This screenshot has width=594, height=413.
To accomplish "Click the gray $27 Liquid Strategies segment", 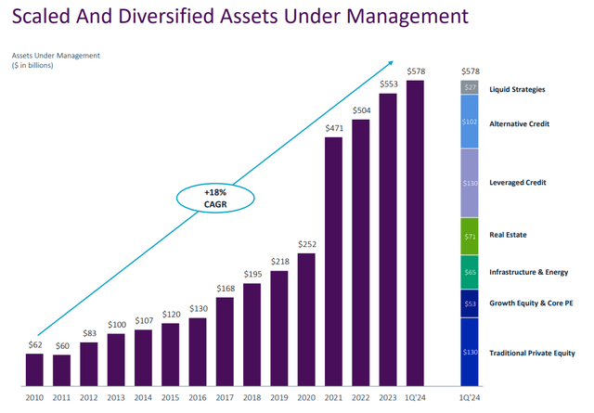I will click(x=469, y=88).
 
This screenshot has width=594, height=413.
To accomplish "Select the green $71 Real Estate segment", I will click(x=469, y=236).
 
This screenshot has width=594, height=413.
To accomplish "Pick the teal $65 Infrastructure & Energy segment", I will click(x=469, y=272).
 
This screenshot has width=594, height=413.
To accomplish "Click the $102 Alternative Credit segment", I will click(x=469, y=122).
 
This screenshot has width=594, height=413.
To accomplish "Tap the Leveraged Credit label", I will click(x=517, y=183).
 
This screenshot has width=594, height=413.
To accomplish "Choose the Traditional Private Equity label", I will click(x=537, y=353).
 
